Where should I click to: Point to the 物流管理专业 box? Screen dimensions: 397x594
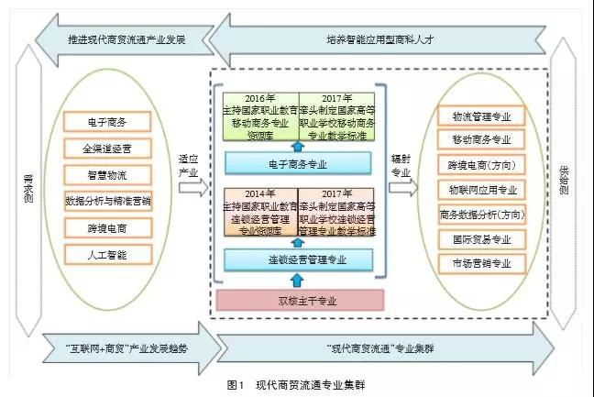482,116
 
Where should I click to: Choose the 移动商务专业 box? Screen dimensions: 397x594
482,140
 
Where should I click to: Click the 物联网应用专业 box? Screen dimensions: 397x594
482,190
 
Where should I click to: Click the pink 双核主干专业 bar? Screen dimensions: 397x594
297,298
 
